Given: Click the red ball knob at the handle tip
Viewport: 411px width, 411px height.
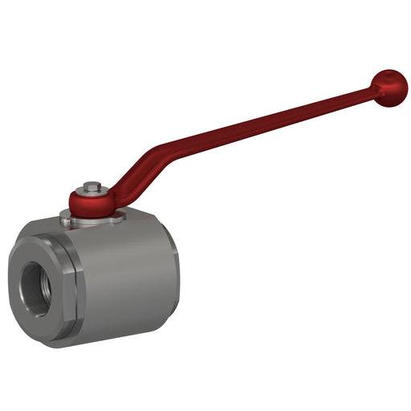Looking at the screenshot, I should (x=390, y=87).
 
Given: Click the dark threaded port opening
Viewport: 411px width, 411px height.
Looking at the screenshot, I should (x=37, y=282).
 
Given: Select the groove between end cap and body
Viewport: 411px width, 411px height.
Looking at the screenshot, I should (x=75, y=281).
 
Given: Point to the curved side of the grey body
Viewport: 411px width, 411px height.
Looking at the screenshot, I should (x=128, y=281).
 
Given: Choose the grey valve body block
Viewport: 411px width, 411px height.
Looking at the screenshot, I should (x=120, y=273).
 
